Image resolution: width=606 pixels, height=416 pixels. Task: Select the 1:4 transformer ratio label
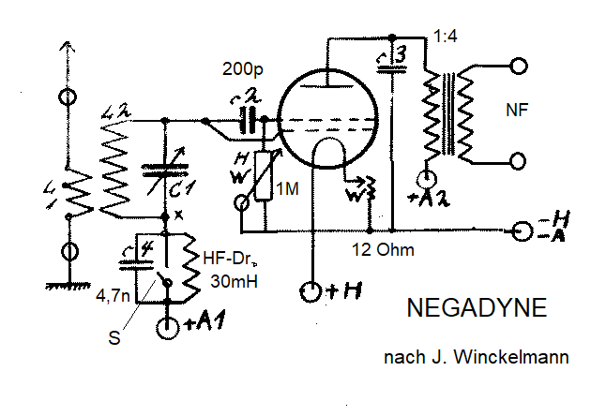(x=447, y=37)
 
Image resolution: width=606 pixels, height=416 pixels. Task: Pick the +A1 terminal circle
(x=169, y=328)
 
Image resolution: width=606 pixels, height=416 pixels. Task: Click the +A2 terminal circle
(x=428, y=178)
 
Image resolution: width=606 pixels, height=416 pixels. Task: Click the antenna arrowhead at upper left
(x=67, y=46)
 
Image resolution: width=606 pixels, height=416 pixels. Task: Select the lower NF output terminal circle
(x=517, y=160)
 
